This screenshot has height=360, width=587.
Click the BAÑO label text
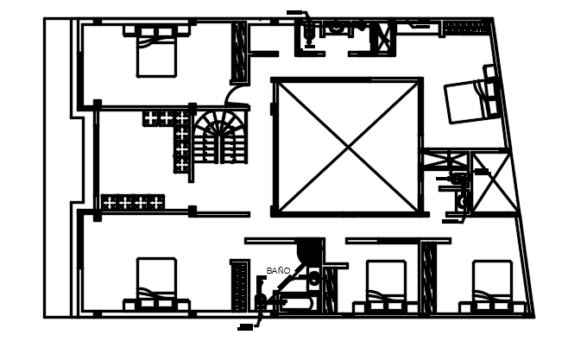click(278, 270)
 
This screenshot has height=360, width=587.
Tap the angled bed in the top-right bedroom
click(470, 99)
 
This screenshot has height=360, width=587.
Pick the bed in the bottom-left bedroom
click(156, 284)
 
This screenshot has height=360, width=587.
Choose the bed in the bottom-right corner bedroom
click(494, 286)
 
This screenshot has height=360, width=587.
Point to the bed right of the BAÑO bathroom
click(386, 286)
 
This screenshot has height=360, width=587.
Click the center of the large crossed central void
click(348, 147)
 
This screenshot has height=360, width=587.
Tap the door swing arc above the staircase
click(234, 96)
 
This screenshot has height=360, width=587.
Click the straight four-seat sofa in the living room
click(132, 202)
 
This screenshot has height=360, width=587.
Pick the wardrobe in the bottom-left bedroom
click(239, 284)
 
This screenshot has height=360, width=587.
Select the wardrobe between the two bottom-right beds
click(426, 274)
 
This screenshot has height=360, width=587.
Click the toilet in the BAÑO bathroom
click(314, 278)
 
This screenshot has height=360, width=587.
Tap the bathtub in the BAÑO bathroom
click(299, 302)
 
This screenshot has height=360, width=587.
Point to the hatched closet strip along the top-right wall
click(466, 28)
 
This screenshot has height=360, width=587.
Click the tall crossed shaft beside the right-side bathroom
click(492, 182)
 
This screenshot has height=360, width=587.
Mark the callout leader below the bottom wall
click(250, 325)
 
